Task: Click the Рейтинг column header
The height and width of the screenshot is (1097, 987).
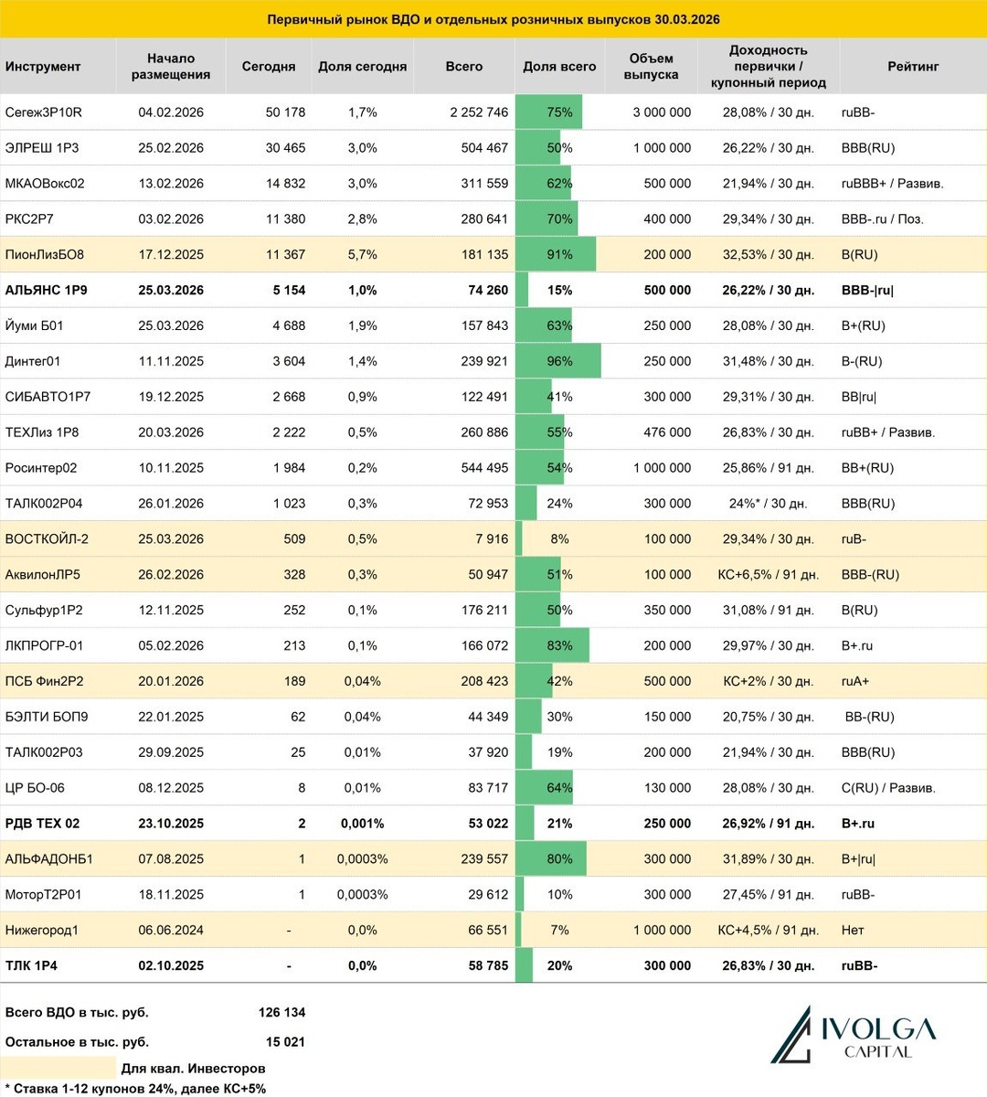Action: pyautogui.click(x=912, y=67)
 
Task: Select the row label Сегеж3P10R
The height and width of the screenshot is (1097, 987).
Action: pyautogui.click(x=44, y=112)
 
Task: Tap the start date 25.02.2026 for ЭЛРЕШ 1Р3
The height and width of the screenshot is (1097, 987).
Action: pyautogui.click(x=171, y=148)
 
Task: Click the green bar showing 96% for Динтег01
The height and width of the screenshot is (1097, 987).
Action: pyautogui.click(x=558, y=361)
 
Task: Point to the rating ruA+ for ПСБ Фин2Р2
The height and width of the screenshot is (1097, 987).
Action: pyautogui.click(x=855, y=681)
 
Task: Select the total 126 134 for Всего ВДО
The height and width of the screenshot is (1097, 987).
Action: pyautogui.click(x=281, y=1012)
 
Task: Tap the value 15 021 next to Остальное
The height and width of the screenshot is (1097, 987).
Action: pyautogui.click(x=285, y=1041)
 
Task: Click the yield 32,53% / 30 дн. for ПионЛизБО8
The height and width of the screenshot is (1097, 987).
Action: pyautogui.click(x=768, y=255)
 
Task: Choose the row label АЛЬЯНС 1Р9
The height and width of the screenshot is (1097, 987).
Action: pyautogui.click(x=47, y=290)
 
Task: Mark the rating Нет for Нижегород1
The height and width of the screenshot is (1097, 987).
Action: pyautogui.click(x=853, y=930)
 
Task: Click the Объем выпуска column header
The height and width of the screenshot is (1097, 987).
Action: pyautogui.click(x=651, y=67)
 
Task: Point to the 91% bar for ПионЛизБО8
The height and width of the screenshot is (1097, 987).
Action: pyautogui.click(x=556, y=255)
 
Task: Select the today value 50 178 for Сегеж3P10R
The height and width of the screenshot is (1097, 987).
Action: pyautogui.click(x=285, y=112)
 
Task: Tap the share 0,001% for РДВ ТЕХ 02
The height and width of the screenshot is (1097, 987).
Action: pyautogui.click(x=363, y=824)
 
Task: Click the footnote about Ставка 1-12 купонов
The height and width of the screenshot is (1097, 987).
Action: pyautogui.click(x=135, y=1088)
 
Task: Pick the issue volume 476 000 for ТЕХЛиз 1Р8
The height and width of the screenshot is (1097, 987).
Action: pyautogui.click(x=667, y=432)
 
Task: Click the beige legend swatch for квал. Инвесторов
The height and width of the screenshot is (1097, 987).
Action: pyautogui.click(x=60, y=1068)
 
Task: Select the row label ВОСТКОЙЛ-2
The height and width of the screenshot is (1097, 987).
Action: pyautogui.click(x=47, y=539)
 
